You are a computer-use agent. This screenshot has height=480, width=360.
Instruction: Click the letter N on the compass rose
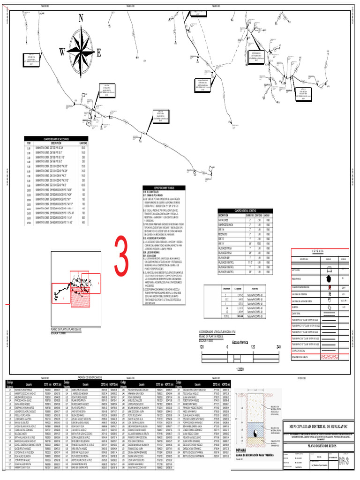coord(81,18)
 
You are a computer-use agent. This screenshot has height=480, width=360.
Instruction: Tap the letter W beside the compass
coord(62,52)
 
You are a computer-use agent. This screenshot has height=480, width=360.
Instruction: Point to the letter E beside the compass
coord(98,52)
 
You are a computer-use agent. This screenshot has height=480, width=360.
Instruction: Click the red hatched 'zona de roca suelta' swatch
coord(330,357)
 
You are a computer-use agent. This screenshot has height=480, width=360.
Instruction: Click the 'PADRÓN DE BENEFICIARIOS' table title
coord(90,377)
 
